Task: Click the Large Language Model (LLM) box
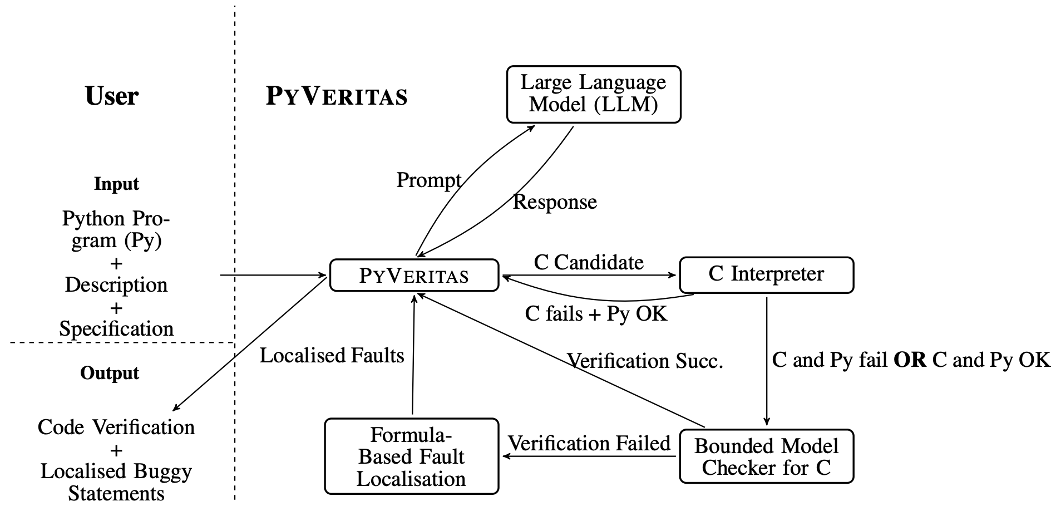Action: [x=593, y=94]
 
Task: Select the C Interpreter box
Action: [x=766, y=274]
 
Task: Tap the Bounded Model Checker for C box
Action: [x=766, y=456]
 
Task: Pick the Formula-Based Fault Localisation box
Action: [x=411, y=456]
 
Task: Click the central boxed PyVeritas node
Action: [x=414, y=275]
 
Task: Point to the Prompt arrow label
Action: [x=428, y=180]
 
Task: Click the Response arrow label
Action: [x=555, y=202]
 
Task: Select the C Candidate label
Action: [x=589, y=262]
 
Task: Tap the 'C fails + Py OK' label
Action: [x=595, y=314]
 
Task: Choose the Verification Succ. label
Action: [x=645, y=361]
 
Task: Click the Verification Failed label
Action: [x=589, y=444]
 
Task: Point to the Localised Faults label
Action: [x=332, y=356]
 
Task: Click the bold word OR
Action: [x=910, y=360]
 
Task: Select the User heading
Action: [x=112, y=96]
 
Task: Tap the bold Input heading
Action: [x=116, y=184]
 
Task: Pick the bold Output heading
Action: [x=110, y=373]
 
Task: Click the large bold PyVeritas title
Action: [x=337, y=96]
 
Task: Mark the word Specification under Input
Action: [x=116, y=328]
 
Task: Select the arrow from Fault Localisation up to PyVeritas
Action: [x=413, y=356]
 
